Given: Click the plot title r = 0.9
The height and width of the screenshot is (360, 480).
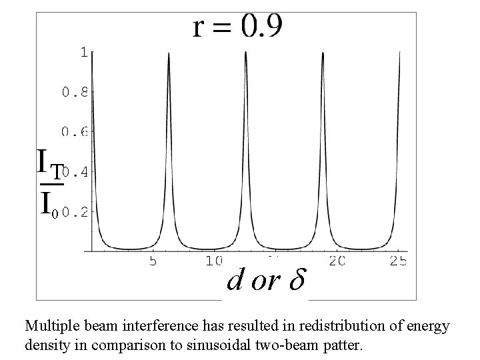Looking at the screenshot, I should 237,27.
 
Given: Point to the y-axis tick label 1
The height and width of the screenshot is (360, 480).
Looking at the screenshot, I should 84,52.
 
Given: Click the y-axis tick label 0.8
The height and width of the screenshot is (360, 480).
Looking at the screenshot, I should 75,93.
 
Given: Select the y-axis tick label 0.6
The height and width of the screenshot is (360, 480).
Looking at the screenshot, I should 75,132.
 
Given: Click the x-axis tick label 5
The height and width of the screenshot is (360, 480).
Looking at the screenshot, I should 153,262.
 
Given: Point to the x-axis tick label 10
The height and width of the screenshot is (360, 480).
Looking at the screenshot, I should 214,262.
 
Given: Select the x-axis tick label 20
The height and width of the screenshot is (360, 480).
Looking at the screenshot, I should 337,262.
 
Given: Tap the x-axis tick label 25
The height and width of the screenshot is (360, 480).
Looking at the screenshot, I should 398,262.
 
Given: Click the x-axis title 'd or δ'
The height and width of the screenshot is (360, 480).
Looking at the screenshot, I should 265,282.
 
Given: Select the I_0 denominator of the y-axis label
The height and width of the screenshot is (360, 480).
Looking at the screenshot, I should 48,203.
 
